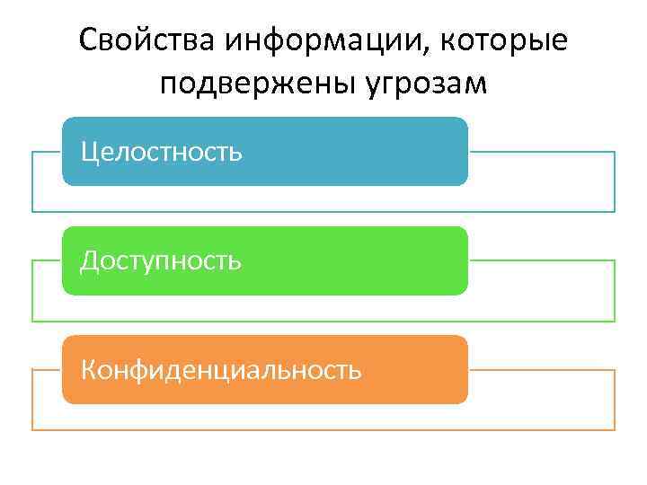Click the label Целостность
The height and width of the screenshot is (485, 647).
point(161,151)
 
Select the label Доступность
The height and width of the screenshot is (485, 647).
point(161,260)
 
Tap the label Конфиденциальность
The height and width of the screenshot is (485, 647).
point(221,369)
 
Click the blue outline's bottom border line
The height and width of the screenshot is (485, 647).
point(323,212)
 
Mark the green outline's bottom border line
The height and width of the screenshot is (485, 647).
point(323,321)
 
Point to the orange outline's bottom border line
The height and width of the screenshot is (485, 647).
point(323,429)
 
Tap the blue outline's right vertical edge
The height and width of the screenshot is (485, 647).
point(615,181)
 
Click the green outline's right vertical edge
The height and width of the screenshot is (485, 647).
point(615,291)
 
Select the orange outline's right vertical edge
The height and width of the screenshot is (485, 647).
point(615,400)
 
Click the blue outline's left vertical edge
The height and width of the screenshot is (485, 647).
point(32,181)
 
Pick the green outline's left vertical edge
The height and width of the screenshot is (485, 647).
point(32,291)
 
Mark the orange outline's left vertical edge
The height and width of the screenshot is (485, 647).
point(32,400)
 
